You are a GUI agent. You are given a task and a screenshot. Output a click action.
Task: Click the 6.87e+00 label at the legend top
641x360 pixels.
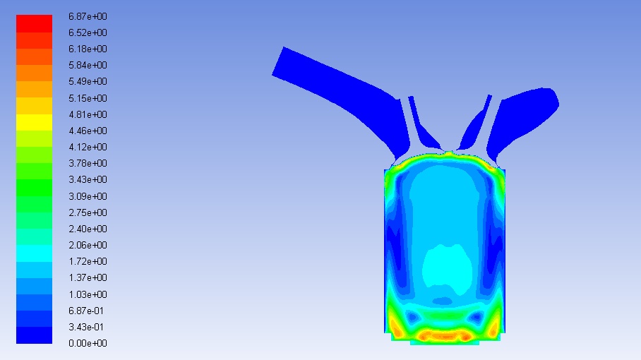tap(88, 16)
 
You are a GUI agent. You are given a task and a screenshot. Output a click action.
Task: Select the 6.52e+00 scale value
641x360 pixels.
tap(88, 32)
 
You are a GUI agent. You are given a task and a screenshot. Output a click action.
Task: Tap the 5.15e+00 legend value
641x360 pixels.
tap(88, 98)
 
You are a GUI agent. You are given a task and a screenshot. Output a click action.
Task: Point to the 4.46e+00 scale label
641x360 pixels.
tap(88, 131)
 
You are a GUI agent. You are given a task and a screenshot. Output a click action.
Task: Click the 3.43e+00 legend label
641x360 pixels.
tap(88, 179)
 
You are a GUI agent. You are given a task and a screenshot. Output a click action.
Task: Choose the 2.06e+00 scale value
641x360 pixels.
tap(88, 245)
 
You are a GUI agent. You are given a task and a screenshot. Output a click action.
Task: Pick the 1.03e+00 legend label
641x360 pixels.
tap(88, 294)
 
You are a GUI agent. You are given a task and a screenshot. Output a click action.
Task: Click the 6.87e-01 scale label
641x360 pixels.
tap(86, 311)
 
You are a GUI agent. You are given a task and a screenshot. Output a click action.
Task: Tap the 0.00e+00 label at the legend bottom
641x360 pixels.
tap(88, 343)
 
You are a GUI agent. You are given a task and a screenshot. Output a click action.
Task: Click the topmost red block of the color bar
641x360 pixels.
tap(34, 23)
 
